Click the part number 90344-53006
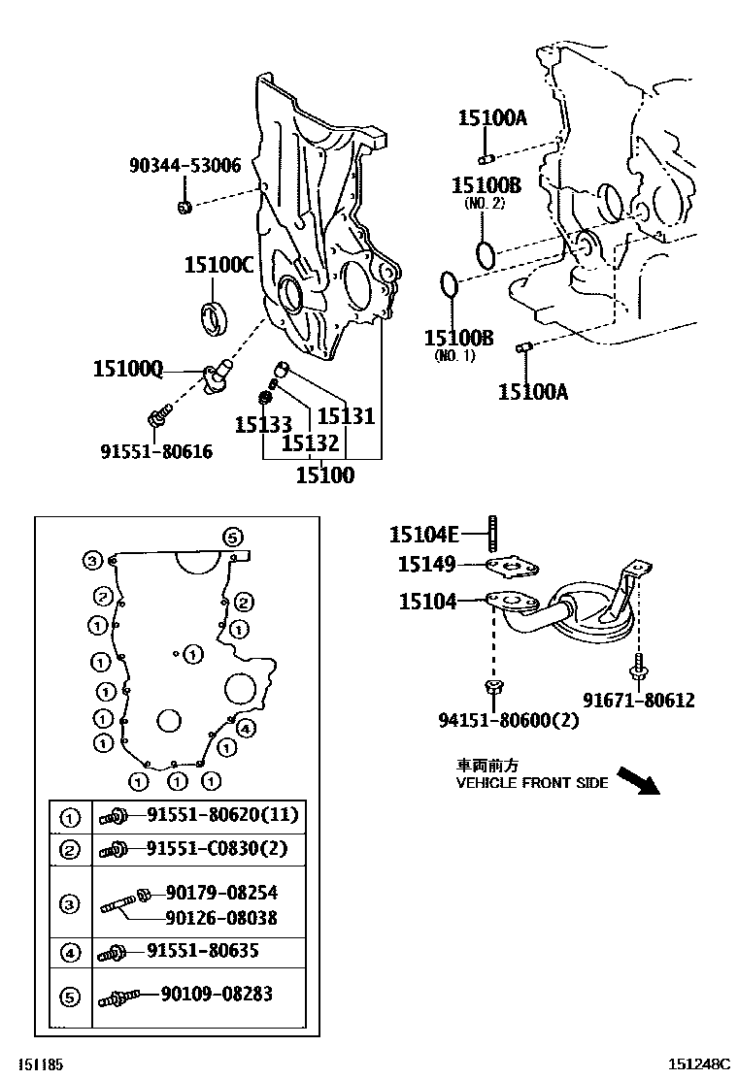pos(184,166)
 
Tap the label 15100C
pos(218,265)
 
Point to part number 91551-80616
pos(156,451)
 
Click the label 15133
pos(262,424)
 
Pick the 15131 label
pos(346,416)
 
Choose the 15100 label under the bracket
pos(324,475)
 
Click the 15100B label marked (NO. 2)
pos(486,185)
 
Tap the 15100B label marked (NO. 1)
pos(458,338)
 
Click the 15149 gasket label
pos(426,564)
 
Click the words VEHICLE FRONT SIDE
pos(532,783)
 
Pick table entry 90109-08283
pos(210,994)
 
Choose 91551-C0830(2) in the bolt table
pos(218,849)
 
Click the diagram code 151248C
pos(697,1064)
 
